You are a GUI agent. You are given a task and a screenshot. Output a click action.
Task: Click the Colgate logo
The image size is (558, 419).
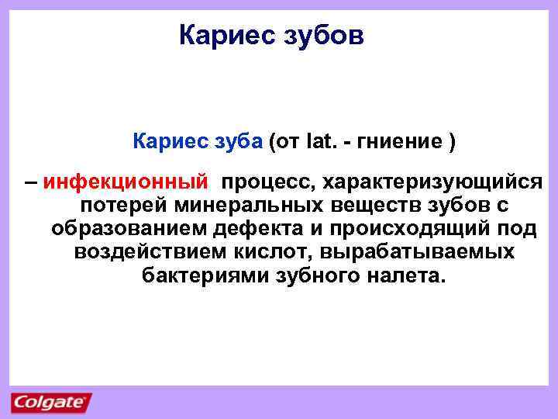(x=50, y=403)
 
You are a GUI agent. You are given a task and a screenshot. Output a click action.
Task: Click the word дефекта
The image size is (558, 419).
(x=266, y=230)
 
